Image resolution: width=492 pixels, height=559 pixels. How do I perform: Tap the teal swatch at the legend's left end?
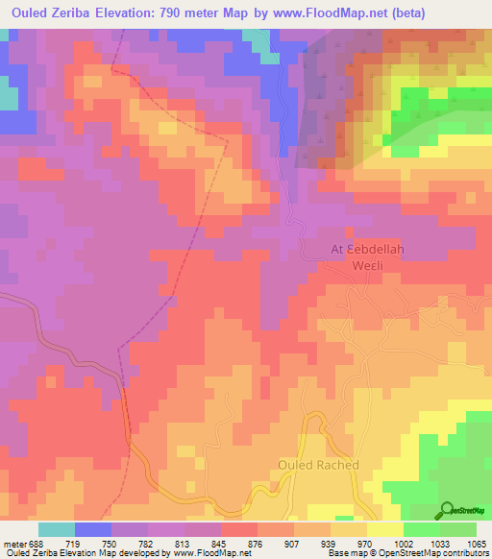(57, 528)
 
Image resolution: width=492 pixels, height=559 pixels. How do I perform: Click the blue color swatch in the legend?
(93, 528)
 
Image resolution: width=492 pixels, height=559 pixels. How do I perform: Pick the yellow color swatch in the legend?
(384, 528)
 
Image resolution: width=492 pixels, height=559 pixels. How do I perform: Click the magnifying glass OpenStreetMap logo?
(447, 510)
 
